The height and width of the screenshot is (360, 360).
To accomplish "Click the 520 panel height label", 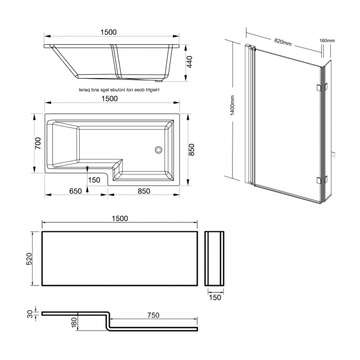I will click(33, 259).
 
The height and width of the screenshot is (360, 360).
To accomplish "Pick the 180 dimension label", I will click(74, 322).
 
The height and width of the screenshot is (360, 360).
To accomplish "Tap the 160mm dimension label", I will click(327, 41).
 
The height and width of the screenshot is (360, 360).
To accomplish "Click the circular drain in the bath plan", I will click(158, 149).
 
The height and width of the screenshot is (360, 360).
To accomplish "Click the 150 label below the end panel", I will click(215, 297).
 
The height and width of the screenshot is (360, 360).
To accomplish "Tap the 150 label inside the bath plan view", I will click(94, 179).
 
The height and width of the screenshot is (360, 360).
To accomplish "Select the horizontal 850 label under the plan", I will click(143, 191).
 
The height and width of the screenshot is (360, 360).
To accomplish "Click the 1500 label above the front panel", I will click(119, 218).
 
